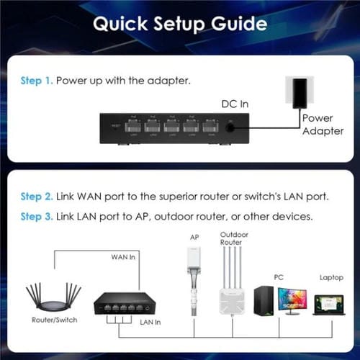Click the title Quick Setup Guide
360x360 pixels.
[180, 24]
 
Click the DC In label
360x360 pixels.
[234, 104]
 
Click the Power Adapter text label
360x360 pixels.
[318, 124]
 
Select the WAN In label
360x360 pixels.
[124, 256]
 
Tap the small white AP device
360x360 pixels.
[193, 268]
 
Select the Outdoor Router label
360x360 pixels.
[230, 240]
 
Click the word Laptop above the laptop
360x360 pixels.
[331, 276]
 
